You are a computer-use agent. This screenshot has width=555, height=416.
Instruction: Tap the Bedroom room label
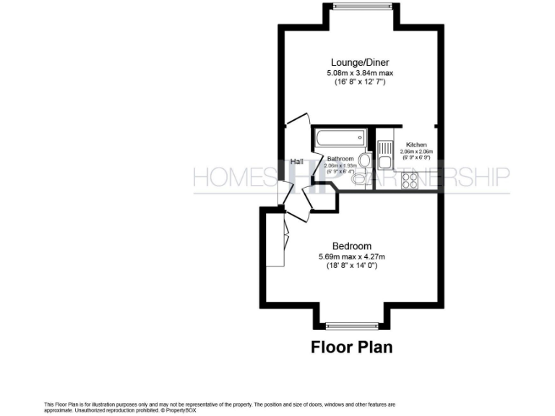(x=352, y=246)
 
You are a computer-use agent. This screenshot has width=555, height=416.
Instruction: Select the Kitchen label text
(x=416, y=144)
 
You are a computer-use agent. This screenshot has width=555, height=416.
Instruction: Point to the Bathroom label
(x=340, y=159)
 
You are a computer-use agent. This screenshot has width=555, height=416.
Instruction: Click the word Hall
(x=296, y=162)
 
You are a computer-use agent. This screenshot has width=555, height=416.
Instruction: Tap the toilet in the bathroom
(x=365, y=160)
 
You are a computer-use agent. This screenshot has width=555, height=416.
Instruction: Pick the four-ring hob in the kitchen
(x=410, y=181)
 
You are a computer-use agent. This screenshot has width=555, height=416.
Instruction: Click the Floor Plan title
(x=352, y=347)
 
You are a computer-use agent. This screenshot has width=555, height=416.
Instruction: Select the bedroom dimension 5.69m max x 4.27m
(x=352, y=256)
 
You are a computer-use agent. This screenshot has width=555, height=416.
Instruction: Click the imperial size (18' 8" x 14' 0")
(x=352, y=266)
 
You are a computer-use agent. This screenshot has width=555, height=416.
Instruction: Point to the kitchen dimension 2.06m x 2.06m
(x=416, y=152)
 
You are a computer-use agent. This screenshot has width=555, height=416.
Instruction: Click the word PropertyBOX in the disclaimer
(x=180, y=409)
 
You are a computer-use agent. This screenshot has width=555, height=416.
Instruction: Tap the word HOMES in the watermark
(x=233, y=177)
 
